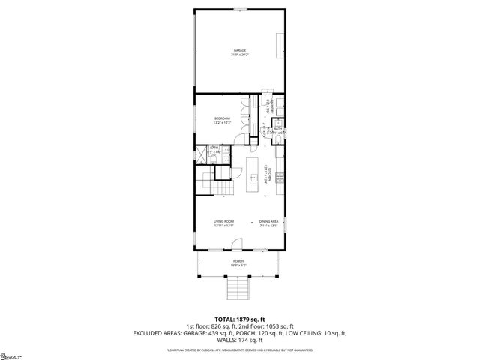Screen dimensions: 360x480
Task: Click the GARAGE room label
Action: pyautogui.click(x=239, y=50)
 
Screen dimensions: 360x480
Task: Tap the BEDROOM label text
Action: pyautogui.click(x=222, y=118)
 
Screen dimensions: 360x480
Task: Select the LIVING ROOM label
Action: pyautogui.click(x=223, y=221)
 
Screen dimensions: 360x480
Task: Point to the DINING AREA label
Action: pyautogui.click(x=269, y=221)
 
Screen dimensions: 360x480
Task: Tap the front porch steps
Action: pyautogui.click(x=238, y=289)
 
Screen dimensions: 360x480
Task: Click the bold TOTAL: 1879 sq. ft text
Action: pyautogui.click(x=239, y=318)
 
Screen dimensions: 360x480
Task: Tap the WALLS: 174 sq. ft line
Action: pyautogui.click(x=239, y=340)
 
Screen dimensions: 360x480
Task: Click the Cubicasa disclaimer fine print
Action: pyautogui.click(x=239, y=349)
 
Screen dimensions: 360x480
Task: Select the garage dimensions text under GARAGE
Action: pyautogui.click(x=239, y=55)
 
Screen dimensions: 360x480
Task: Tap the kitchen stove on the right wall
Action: pyautogui.click(x=279, y=178)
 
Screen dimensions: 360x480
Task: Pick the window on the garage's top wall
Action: pyautogui.click(x=239, y=9)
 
